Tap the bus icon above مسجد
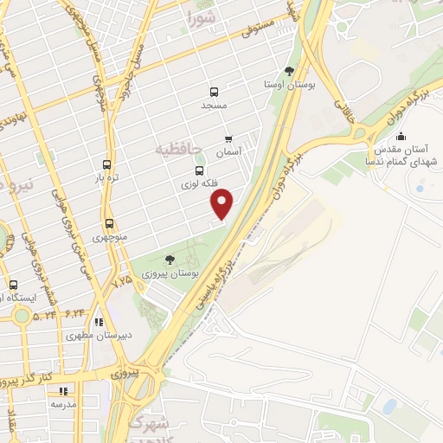point(214,91)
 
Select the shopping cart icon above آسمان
point(228,138)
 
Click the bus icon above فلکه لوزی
point(200,170)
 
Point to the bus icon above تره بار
point(106,164)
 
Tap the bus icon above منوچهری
point(109,223)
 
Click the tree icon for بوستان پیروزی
point(170,259)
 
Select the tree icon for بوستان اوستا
point(289,72)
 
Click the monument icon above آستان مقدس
point(400,136)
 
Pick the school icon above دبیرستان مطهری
point(100,321)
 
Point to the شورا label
point(202,16)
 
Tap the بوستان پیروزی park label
point(172,273)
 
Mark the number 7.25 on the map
point(123,281)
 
